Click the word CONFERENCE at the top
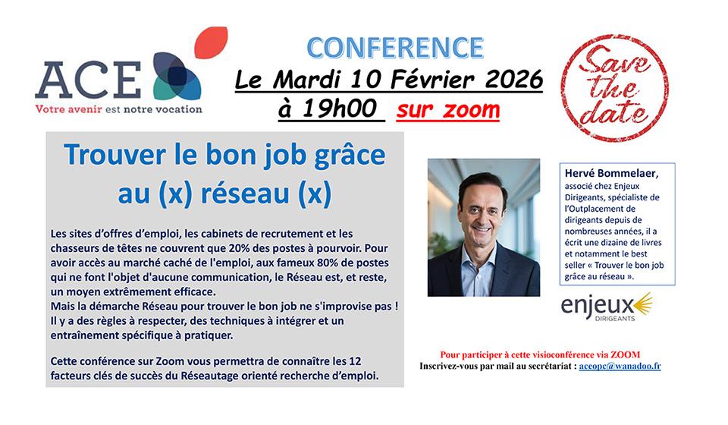click(x=394, y=46)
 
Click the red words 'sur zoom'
click(x=448, y=109)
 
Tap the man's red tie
click(x=484, y=272)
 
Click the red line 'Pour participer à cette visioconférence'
click(x=539, y=354)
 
